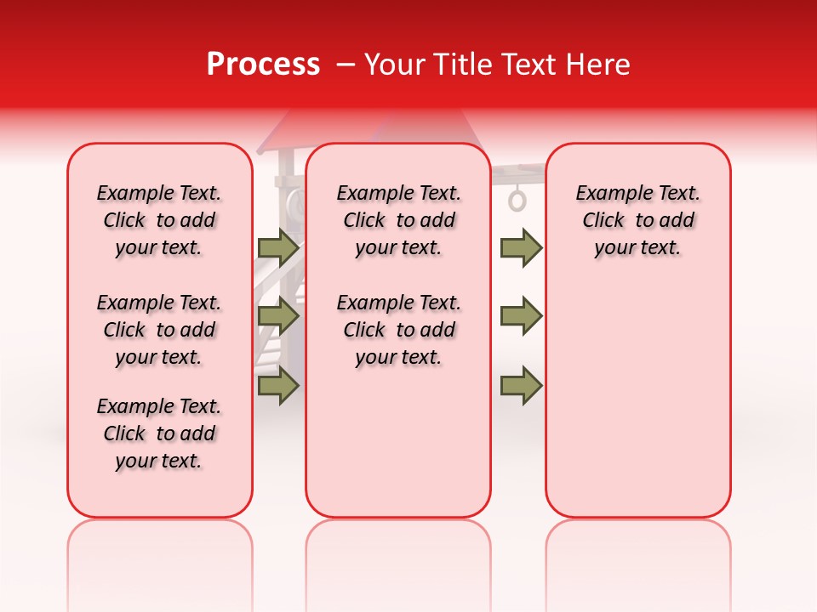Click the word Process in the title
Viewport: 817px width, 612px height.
click(x=262, y=65)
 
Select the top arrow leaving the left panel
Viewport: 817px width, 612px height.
click(x=278, y=247)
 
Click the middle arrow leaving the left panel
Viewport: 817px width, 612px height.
click(x=278, y=317)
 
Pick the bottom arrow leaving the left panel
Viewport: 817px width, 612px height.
click(x=278, y=386)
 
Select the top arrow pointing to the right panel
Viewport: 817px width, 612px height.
click(x=521, y=247)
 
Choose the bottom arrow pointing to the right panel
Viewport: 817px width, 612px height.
click(x=521, y=386)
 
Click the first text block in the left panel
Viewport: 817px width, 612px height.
click(x=159, y=220)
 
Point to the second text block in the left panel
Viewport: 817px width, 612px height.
click(x=159, y=330)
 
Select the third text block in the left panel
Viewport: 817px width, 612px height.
click(x=159, y=433)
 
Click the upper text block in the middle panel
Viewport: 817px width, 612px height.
click(x=398, y=220)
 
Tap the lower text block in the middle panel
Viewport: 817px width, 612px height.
click(x=398, y=330)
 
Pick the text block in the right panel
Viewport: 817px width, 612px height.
click(x=637, y=220)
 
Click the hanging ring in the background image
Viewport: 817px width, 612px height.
click(x=517, y=201)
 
